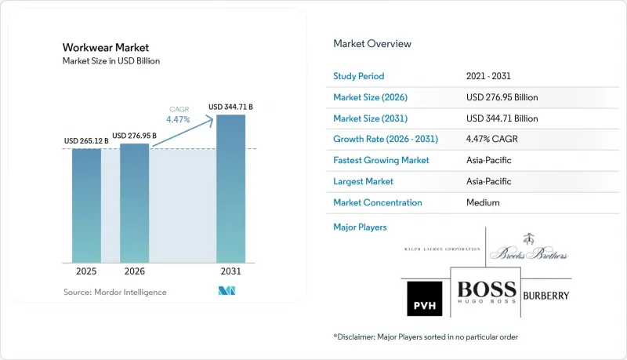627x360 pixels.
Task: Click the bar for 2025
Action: (x=86, y=205)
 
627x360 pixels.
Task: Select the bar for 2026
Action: (x=134, y=203)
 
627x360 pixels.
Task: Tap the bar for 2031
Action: (x=230, y=189)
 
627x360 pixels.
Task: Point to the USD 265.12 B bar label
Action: (x=86, y=141)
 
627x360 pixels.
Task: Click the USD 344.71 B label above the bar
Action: (x=230, y=107)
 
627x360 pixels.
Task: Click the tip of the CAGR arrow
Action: (x=213, y=117)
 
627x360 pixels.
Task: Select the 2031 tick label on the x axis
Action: (x=230, y=271)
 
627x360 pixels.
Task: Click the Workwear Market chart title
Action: (x=106, y=48)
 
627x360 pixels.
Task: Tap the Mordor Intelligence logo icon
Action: (x=227, y=291)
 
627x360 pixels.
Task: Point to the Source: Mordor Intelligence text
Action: (x=114, y=292)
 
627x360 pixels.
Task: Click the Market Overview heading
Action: (x=372, y=44)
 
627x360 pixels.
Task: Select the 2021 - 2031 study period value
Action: (x=488, y=76)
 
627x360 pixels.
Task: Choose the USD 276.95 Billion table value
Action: (x=502, y=97)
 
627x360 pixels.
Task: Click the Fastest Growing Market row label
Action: (x=381, y=160)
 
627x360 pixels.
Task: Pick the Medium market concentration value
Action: (x=483, y=202)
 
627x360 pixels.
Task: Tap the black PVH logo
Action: (x=425, y=298)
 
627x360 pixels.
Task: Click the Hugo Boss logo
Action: (x=487, y=292)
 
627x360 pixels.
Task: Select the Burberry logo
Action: (x=545, y=296)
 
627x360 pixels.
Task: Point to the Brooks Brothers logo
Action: (x=528, y=247)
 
